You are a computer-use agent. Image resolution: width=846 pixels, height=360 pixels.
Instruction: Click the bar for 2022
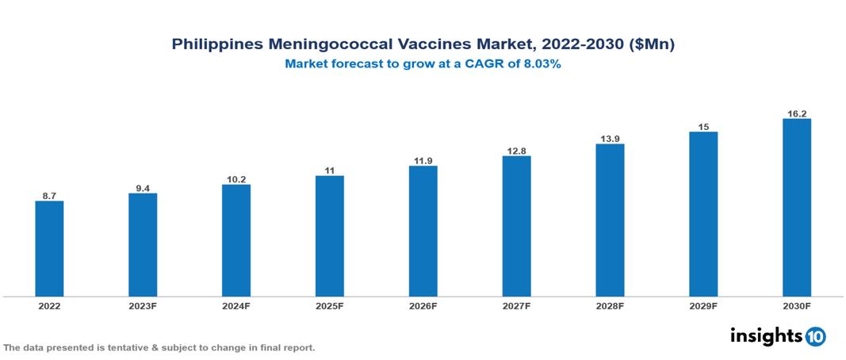(49, 248)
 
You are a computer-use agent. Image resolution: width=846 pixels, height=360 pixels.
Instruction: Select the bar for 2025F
(330, 236)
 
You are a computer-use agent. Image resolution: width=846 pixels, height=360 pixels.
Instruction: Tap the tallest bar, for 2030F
(796, 207)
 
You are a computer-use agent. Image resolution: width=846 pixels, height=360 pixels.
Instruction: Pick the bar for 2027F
(516, 226)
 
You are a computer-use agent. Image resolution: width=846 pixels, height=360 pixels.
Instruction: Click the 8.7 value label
(49, 195)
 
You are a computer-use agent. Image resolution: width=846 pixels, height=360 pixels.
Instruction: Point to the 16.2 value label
(796, 113)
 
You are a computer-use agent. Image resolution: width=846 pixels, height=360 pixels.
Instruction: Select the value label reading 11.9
(423, 160)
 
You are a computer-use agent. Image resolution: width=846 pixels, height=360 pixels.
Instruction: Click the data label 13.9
(610, 138)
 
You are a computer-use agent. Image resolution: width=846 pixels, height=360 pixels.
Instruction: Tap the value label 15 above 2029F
(703, 126)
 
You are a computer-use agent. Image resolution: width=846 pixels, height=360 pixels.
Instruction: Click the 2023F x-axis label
(143, 306)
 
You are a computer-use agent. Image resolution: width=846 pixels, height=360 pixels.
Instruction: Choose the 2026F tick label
(423, 306)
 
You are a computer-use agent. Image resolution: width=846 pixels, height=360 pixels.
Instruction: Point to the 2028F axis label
(610, 306)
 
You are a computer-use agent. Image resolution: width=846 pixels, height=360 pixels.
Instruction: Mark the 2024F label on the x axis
(236, 306)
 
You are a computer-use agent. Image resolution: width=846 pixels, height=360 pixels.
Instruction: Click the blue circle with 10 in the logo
(815, 337)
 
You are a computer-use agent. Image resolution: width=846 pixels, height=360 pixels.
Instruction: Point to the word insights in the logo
(766, 336)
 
